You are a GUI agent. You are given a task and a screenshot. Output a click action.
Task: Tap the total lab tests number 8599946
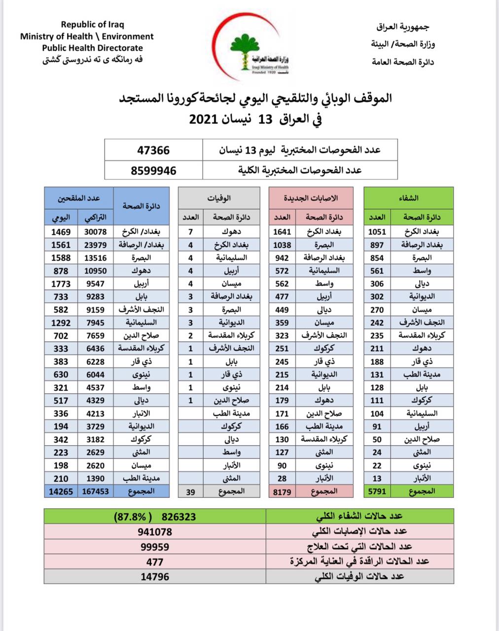click(153, 171)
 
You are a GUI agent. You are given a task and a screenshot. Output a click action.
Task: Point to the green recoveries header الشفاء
click(408, 198)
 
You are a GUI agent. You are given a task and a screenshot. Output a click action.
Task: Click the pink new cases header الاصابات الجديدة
click(311, 198)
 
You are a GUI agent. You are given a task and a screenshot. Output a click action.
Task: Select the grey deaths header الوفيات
click(219, 198)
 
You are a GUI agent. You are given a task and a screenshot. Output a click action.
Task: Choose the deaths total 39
click(191, 491)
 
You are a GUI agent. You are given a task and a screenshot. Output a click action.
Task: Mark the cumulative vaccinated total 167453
click(95, 491)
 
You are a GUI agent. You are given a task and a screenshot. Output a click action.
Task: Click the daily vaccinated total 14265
click(61, 491)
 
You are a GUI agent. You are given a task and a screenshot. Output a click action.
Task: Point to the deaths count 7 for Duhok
click(191, 232)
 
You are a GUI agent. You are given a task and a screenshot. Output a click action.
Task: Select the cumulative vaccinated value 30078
click(95, 232)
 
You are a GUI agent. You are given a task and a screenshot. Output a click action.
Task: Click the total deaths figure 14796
click(154, 576)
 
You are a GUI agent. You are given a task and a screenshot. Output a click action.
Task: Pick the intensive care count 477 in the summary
click(154, 561)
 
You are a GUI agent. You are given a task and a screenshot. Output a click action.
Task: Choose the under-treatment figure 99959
click(154, 547)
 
